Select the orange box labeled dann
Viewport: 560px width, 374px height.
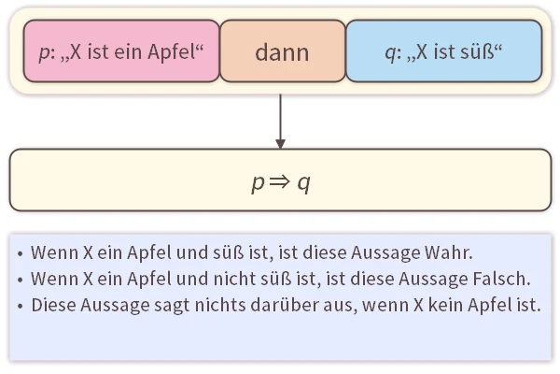282,51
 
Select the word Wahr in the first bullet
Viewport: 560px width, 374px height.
450,252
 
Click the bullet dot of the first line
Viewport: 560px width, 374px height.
21,253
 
